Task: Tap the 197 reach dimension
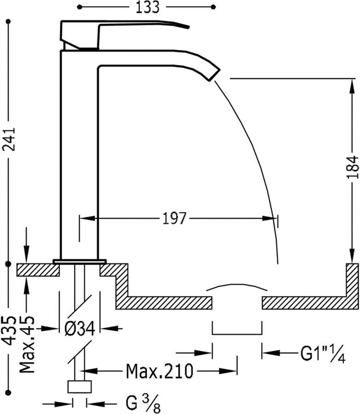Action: [174, 218]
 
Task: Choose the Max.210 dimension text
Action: [160, 370]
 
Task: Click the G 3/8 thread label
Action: [143, 403]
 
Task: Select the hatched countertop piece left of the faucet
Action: [38, 270]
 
